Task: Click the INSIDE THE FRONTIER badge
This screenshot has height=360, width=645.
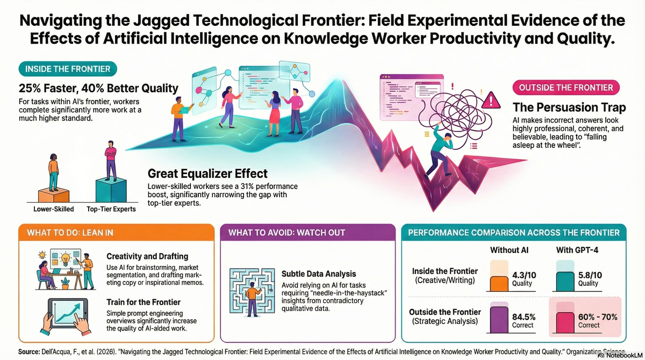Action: [x=65, y=69]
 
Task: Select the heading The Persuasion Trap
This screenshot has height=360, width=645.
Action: [x=567, y=107]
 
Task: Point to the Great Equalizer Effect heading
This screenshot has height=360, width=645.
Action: [x=207, y=174]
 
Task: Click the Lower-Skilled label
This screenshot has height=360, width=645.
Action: [x=54, y=209]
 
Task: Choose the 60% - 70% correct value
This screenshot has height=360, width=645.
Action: [x=596, y=318]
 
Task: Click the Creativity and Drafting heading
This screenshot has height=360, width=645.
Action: [x=147, y=257]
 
